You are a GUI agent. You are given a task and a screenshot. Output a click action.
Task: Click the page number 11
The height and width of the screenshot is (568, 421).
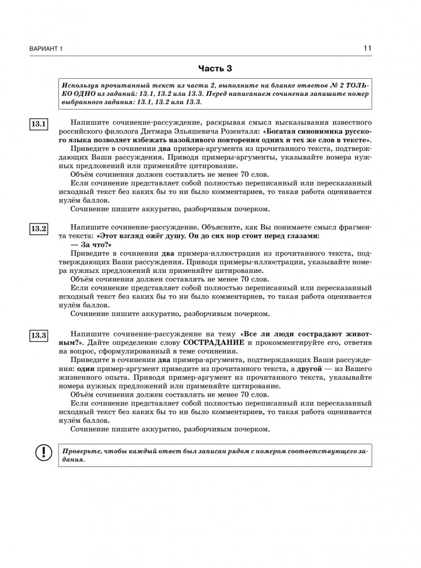click(x=367, y=49)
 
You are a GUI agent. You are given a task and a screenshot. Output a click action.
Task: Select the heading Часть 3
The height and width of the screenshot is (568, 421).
click(x=215, y=69)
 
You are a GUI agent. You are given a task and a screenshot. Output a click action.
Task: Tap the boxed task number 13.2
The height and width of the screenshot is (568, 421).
click(x=39, y=229)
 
